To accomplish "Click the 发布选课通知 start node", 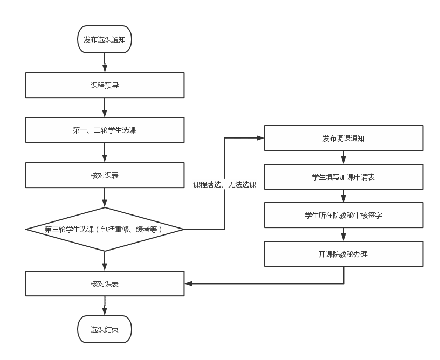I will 105,39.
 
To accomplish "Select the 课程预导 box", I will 105,85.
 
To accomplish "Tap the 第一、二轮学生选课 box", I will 105,130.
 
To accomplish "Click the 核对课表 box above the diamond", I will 105,175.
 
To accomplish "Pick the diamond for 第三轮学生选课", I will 105,229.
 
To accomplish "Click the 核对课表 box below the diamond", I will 105,283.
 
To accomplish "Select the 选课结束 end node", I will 105,329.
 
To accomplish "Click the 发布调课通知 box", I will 343,138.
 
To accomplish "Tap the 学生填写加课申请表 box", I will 343,177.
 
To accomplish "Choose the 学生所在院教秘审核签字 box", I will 343,215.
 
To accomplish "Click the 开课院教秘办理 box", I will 343,254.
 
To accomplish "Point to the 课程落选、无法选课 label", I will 225,184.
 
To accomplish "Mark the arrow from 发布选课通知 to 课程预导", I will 105,63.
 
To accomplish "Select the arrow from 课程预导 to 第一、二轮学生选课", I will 105,108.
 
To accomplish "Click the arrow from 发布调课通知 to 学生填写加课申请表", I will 343,157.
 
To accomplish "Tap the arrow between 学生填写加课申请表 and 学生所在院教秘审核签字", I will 343,196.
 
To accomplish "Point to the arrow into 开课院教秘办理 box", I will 343,234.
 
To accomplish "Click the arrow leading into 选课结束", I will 105,306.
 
